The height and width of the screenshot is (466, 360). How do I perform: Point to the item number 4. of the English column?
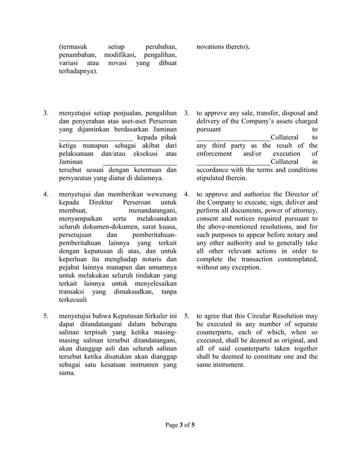[x=187, y=195]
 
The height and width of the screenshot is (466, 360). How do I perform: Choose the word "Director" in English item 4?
[x=302, y=195]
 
